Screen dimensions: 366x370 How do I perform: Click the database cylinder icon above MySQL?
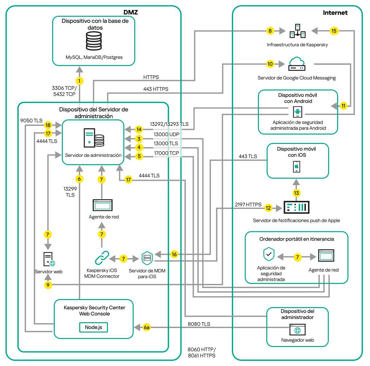click(94, 41)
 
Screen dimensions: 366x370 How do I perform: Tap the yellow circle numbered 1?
click(79, 81)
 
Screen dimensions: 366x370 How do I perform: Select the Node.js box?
click(93, 327)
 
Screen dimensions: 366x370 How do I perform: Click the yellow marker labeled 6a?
click(147, 327)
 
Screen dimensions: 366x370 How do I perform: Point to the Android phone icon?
click(297, 112)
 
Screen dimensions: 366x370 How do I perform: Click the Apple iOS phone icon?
click(297, 167)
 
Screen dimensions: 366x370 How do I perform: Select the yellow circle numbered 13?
click(296, 193)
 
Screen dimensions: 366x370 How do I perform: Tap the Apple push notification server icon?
click(296, 207)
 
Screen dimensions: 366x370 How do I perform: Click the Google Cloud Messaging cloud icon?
click(297, 64)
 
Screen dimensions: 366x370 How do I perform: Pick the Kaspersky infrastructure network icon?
click(297, 31)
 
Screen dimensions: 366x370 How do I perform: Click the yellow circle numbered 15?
click(334, 31)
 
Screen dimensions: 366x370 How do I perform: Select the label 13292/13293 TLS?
click(169, 124)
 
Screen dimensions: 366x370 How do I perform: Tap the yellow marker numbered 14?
click(139, 129)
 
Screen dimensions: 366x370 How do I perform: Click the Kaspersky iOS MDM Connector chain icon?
click(102, 258)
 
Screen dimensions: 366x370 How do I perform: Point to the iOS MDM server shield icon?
click(147, 258)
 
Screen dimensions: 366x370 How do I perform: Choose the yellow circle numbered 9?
click(48, 285)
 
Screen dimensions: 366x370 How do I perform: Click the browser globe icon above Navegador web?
click(298, 330)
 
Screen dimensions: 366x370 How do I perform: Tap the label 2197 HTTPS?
click(248, 205)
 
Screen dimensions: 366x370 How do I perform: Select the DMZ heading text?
click(130, 12)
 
